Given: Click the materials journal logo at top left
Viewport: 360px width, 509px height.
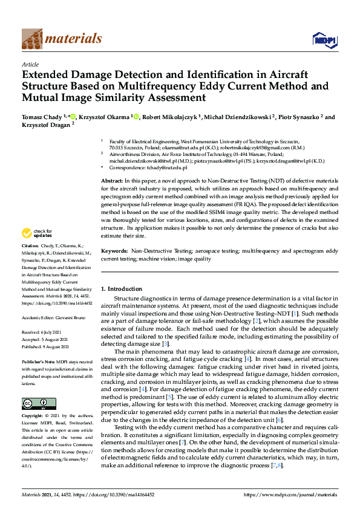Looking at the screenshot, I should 61,39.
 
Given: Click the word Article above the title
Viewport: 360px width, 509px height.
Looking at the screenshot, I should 30,64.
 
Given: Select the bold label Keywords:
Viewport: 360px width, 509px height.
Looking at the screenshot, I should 115,250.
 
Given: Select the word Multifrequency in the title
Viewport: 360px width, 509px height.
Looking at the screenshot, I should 180,87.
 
